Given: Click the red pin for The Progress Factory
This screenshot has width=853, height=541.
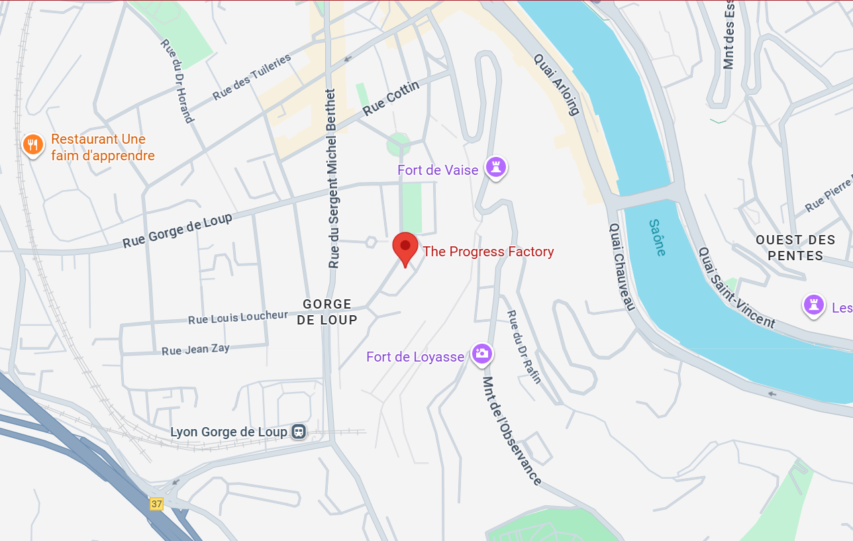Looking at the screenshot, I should tap(405, 247).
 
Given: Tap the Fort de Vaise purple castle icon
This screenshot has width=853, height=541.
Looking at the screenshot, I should tap(495, 167).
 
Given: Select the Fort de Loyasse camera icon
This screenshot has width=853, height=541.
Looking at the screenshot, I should tap(481, 354).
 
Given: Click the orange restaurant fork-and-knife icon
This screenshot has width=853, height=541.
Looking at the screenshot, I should tap(32, 144).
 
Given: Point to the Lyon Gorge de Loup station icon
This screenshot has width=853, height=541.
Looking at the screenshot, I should tap(299, 432).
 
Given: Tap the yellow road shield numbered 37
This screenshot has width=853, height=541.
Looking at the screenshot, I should tap(156, 504).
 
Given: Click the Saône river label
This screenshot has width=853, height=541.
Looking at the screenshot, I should tap(657, 237).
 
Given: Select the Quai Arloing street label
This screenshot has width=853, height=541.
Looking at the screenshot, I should tap(557, 84).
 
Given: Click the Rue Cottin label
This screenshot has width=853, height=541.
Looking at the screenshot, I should tap(392, 97).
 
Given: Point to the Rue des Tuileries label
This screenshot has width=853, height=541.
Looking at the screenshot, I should tap(252, 77).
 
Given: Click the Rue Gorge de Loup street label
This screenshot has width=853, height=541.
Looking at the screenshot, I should tap(177, 230).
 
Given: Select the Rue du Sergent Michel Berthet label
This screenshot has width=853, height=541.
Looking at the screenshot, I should tap(332, 179).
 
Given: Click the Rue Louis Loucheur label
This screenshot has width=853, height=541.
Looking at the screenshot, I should tap(238, 318).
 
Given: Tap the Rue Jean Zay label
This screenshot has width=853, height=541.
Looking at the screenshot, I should tap(195, 349).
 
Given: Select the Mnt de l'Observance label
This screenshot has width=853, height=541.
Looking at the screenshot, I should tap(512, 430).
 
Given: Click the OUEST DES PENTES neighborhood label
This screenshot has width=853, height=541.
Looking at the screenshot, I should tap(795, 248).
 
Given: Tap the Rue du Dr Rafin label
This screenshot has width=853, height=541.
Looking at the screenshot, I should tap(525, 346).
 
